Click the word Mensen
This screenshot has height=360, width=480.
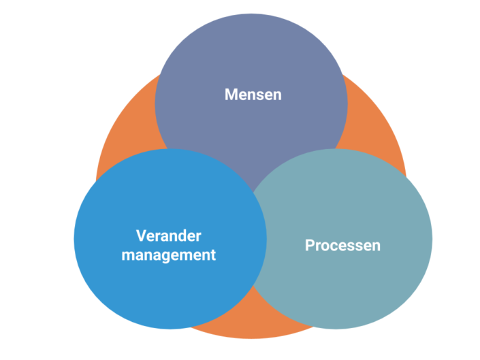click(253, 95)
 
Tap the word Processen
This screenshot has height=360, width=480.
click(342, 245)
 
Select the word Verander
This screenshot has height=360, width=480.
click(169, 236)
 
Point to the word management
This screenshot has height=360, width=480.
click(169, 255)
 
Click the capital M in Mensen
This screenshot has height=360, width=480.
click(231, 95)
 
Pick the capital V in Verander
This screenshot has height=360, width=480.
click(141, 236)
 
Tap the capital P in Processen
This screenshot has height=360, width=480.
click(310, 245)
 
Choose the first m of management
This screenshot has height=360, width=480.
click(129, 256)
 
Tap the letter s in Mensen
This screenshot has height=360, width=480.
click(259, 95)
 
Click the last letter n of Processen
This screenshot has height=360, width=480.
click(376, 246)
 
